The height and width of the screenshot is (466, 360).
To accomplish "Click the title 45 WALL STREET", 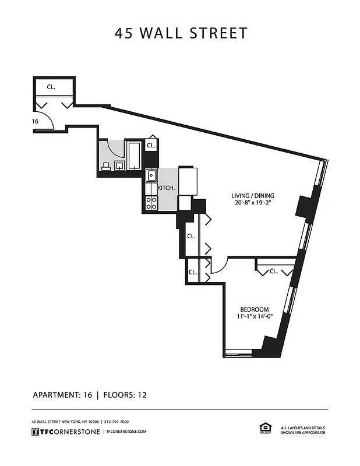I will [x=181, y=33].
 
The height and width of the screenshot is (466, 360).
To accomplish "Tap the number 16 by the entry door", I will [x=36, y=121].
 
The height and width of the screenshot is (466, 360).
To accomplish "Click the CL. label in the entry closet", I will [x=51, y=87].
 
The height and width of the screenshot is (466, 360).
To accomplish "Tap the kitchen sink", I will [x=151, y=175].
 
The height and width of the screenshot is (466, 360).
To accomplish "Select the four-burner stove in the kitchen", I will [x=151, y=203].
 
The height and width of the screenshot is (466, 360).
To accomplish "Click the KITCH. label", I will [x=167, y=189].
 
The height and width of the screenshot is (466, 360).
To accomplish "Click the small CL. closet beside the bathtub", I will [x=151, y=146].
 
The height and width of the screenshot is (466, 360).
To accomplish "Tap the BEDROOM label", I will [x=255, y=309].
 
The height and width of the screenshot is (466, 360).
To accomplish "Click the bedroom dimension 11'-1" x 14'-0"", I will [x=255, y=317].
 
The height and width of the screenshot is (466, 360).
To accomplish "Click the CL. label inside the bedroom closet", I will [x=274, y=271].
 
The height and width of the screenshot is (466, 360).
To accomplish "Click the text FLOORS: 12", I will [x=125, y=395].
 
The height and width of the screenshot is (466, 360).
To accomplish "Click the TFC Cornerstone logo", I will [x=65, y=431].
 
